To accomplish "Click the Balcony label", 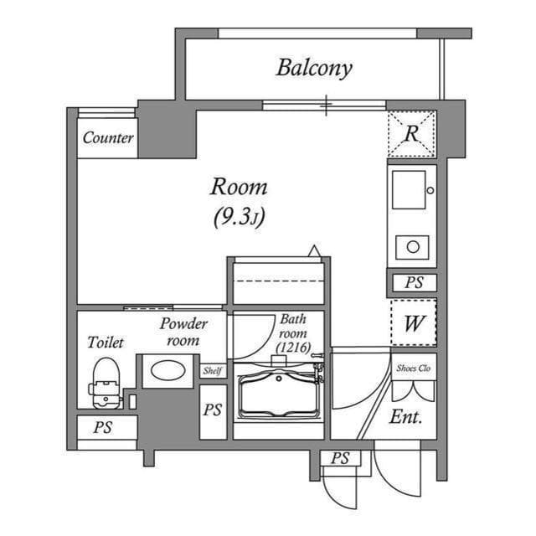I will [314, 68].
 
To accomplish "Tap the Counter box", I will [108, 138].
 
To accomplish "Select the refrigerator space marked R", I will [411, 132].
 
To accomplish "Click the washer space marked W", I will [413, 322].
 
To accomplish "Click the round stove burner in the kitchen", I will [412, 246].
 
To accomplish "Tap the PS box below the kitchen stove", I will [413, 283].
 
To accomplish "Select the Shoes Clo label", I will [413, 366].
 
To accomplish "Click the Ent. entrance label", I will [406, 416].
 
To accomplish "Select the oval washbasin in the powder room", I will [168, 369].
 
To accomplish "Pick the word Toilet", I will [106, 343].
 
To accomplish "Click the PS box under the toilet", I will [103, 428].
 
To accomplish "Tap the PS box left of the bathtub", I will [213, 410].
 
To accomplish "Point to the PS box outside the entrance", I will [339, 458].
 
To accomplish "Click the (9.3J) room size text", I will [238, 218].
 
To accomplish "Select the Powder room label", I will [183, 332].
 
